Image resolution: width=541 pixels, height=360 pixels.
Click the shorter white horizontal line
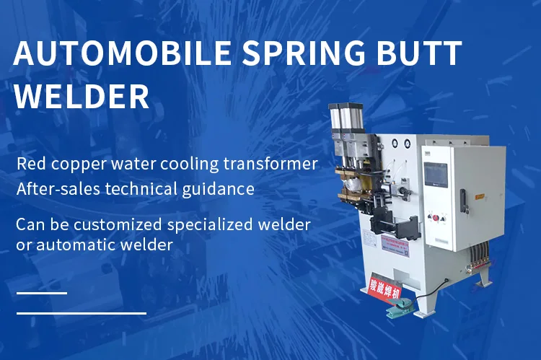click(42, 293)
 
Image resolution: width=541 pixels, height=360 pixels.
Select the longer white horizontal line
click(82, 313)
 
